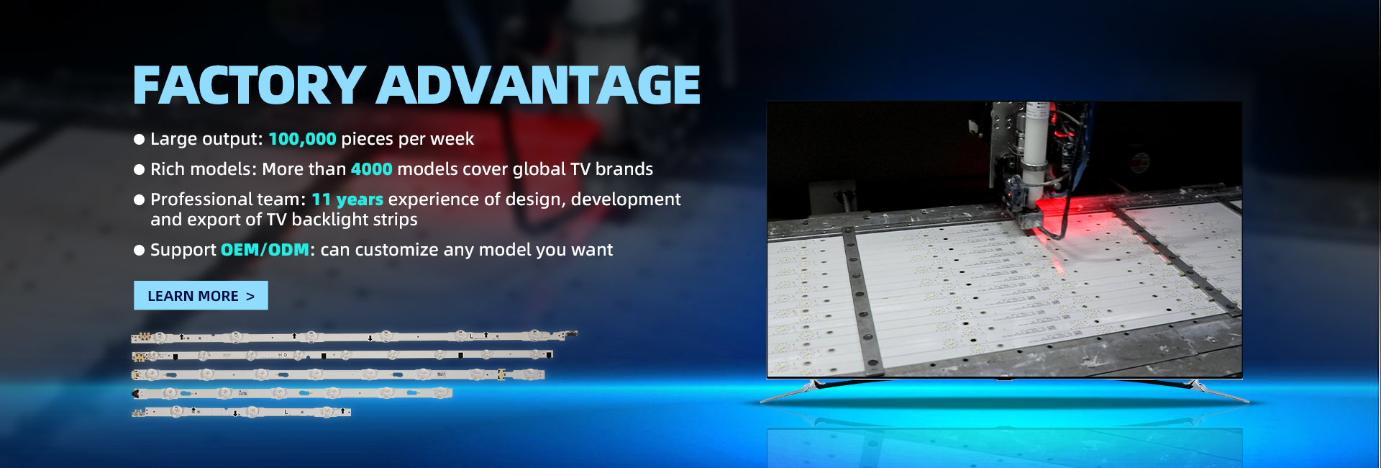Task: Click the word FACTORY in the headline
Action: pos(250,85)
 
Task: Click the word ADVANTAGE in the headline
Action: pos(538,85)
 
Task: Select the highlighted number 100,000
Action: pos(302,139)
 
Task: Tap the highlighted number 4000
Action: pos(372,169)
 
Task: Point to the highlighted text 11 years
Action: pos(347,199)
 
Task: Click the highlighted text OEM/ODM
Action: pos(265,250)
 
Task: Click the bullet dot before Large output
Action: pos(140,140)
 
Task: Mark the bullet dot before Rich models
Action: pos(140,170)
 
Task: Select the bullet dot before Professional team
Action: pos(140,200)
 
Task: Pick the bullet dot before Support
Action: pos(140,251)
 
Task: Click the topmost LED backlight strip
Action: pos(354,336)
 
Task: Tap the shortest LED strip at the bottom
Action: pos(241,413)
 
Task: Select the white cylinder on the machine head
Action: pos(1036,144)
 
